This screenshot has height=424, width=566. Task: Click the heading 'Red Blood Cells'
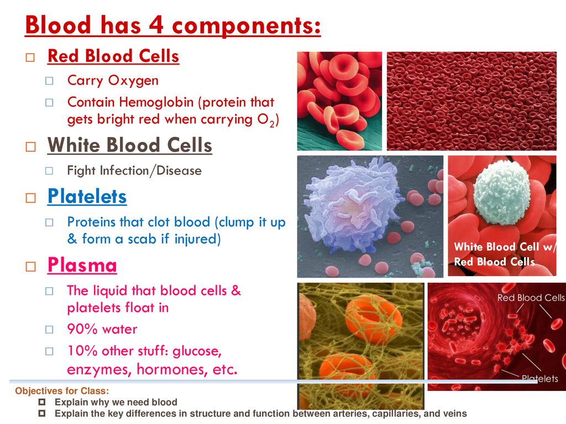113,56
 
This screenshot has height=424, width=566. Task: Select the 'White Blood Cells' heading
129,145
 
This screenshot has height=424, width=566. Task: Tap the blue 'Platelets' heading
87,197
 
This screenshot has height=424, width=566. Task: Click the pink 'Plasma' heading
82,265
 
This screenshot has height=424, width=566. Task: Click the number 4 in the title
156,25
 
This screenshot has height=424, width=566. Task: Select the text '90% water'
102,329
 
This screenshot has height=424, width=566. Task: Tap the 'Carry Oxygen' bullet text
113,81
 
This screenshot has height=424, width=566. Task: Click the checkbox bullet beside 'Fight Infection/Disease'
49,171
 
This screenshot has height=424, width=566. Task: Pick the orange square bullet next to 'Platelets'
31,198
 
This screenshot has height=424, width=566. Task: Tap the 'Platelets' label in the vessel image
540,379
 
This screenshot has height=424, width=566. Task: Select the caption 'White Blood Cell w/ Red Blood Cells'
505,254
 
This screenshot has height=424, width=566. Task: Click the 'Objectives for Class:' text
62,391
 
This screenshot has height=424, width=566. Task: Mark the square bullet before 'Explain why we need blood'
42,402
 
